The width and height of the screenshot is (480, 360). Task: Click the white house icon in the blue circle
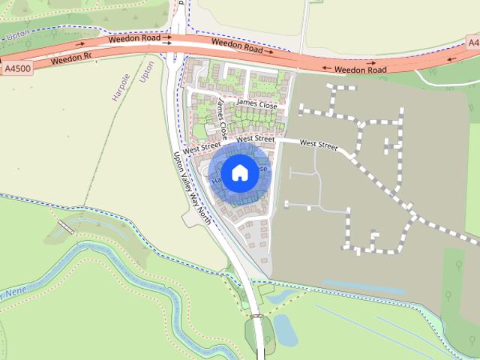(239, 172)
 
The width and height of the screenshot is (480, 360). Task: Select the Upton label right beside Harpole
(147, 73)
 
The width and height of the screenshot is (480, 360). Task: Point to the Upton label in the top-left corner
(17, 35)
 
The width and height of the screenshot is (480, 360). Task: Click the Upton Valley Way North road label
(190, 184)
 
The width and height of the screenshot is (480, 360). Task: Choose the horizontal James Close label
(256, 105)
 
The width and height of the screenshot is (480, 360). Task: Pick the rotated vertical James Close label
(220, 116)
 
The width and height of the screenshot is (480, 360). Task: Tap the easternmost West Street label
(319, 143)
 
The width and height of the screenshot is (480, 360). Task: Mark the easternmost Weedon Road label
(360, 70)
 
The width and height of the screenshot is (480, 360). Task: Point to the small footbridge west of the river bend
(65, 225)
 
